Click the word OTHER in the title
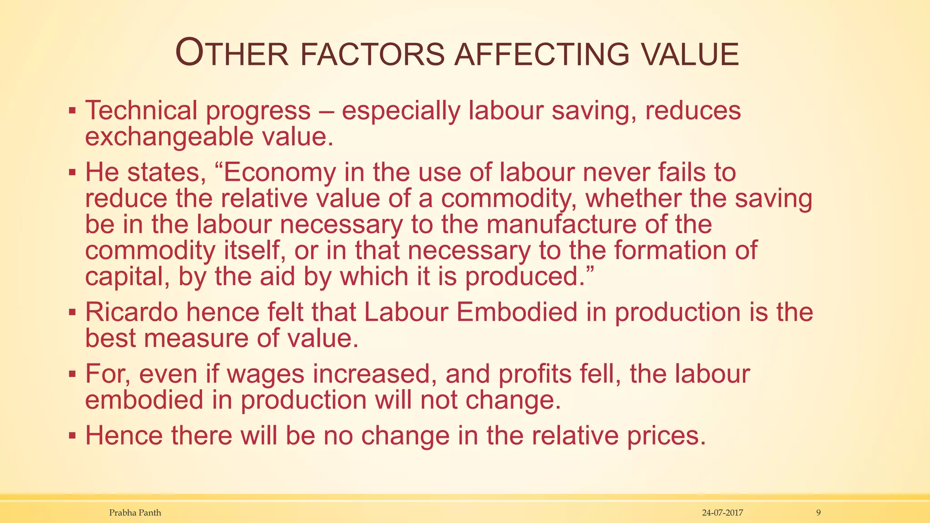point(232,54)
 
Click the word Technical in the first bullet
point(141,110)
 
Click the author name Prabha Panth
point(135,513)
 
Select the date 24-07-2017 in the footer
point(722,513)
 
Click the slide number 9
point(818,513)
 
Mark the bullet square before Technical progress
point(72,110)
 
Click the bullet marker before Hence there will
point(72,435)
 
